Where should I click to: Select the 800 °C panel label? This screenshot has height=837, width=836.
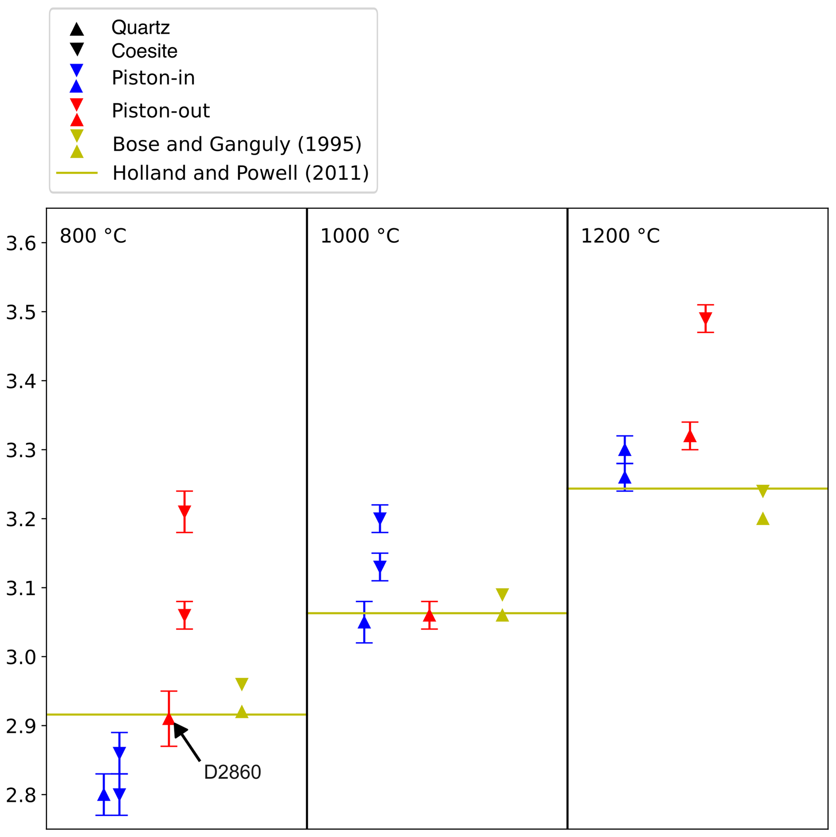point(93,236)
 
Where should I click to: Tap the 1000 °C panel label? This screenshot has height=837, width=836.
point(359,236)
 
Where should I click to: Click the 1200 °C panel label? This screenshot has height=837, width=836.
point(620,236)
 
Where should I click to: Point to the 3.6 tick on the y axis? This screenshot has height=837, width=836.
point(21,243)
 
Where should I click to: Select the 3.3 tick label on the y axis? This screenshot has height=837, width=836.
point(21,450)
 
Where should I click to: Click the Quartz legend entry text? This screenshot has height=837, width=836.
point(140,28)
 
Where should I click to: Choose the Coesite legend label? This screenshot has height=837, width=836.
point(144,51)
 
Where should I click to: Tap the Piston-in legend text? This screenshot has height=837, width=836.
point(153,78)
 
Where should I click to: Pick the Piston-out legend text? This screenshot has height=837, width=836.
point(160,111)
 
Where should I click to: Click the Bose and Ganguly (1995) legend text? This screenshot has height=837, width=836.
point(237,144)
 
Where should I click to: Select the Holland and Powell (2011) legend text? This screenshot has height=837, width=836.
point(241,173)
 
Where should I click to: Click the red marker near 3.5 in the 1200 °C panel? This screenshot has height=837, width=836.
point(705,319)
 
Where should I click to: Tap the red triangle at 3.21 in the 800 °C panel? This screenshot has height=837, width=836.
point(184,511)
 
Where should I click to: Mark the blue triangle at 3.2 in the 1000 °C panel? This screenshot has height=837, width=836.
point(380,518)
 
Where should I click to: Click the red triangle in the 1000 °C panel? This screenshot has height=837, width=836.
point(429,615)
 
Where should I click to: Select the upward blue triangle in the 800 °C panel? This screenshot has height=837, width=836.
point(104,794)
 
